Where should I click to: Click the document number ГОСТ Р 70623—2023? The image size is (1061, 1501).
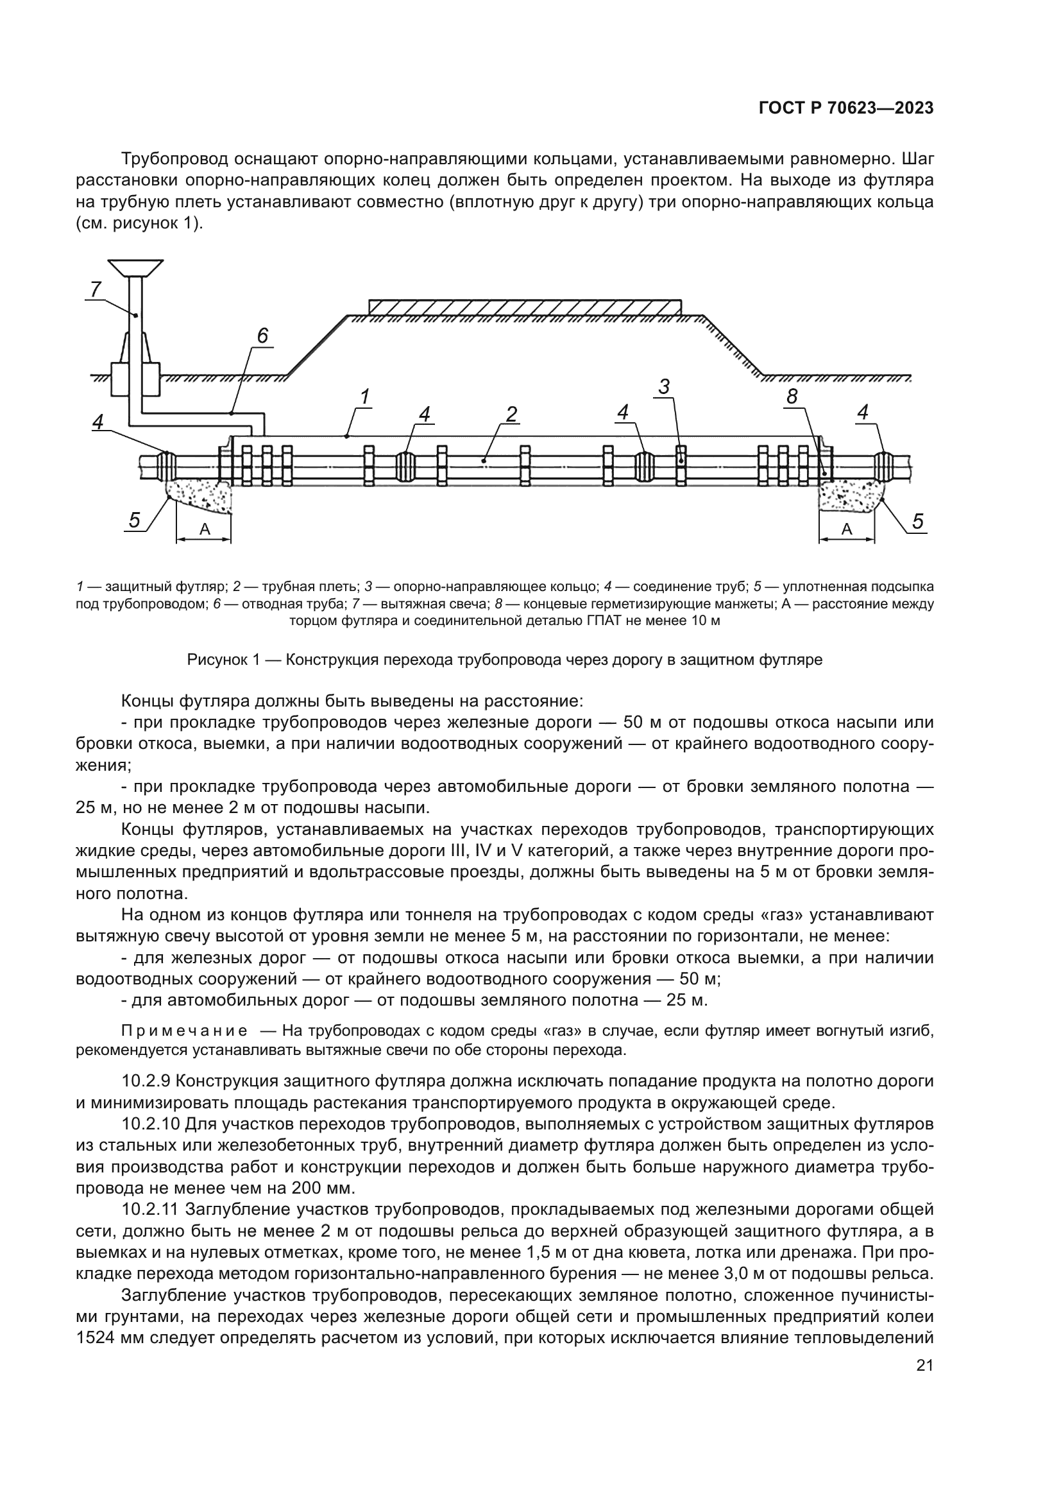[x=845, y=108]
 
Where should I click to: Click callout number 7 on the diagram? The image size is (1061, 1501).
[x=96, y=288]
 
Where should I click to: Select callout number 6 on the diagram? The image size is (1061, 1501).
[x=262, y=336]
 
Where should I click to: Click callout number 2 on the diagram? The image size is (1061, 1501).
[x=511, y=414]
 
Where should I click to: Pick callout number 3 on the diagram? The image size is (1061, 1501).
[x=664, y=387]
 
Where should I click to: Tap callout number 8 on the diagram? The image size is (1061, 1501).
[x=792, y=396]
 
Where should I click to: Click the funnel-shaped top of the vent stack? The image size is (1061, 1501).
[x=136, y=267]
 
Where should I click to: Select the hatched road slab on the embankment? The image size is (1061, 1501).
[x=525, y=307]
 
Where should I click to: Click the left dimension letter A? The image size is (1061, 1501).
[x=205, y=530]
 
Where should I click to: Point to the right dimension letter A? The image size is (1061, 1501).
[x=847, y=530]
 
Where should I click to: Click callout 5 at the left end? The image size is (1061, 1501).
[x=134, y=520]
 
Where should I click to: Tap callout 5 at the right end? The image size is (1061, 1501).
[x=917, y=521]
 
